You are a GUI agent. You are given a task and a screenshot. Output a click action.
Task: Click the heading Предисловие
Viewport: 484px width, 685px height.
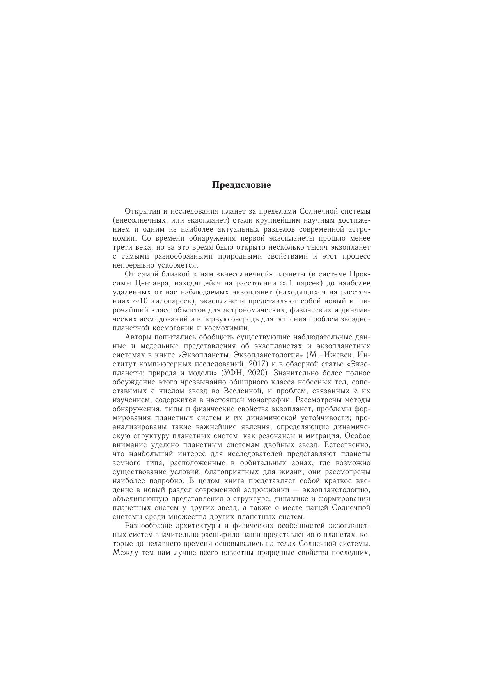[241, 185]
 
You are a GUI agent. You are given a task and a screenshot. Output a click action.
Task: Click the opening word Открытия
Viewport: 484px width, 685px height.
[139, 211]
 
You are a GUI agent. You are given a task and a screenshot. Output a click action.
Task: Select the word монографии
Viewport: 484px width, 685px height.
[271, 400]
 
